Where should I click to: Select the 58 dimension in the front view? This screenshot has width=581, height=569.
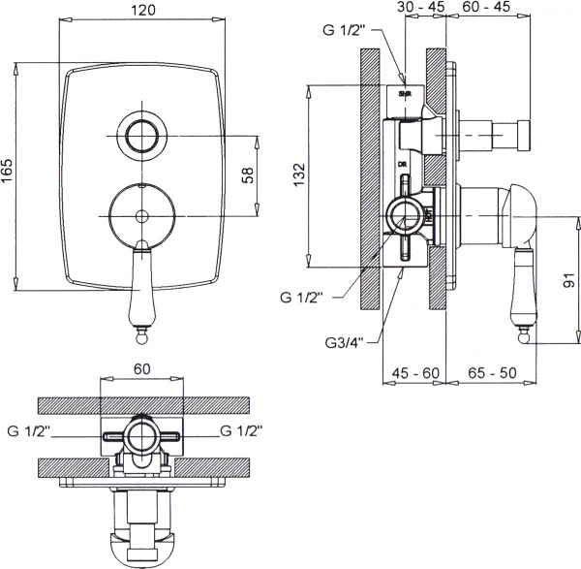point(248,175)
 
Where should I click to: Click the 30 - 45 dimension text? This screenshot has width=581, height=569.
point(419,7)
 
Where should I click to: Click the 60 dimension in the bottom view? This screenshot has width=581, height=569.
point(142,370)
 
